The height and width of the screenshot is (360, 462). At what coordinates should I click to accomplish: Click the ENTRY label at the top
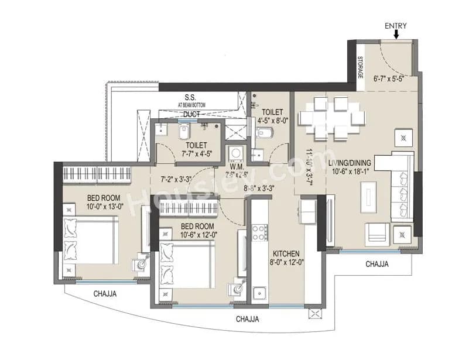(x=396, y=26)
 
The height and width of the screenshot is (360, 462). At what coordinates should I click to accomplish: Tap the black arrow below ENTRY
(x=396, y=35)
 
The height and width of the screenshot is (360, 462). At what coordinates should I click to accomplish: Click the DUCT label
(x=191, y=115)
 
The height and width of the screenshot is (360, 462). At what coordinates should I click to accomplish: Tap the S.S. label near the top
(x=190, y=97)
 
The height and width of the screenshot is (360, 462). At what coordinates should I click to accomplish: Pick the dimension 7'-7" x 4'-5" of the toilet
(x=194, y=155)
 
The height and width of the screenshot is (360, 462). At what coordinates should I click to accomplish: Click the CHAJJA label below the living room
(x=377, y=264)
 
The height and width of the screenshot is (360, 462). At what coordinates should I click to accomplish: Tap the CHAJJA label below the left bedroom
(x=104, y=294)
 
